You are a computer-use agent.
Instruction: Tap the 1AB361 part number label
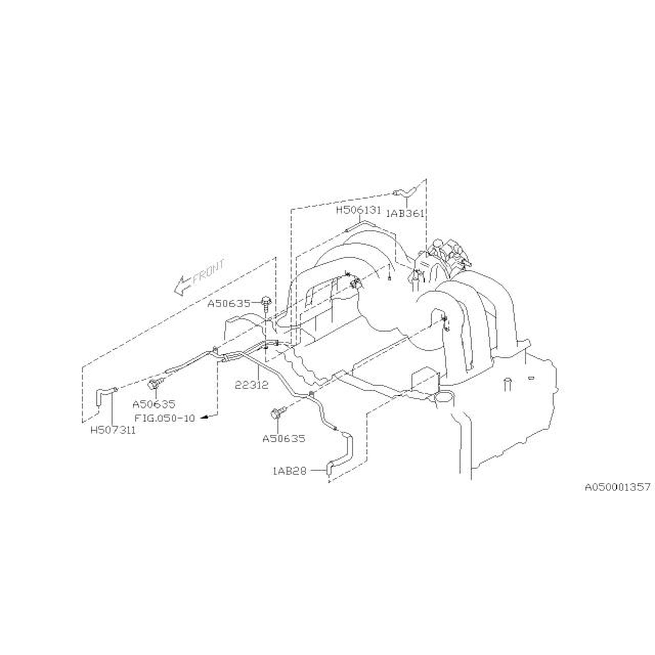(406, 214)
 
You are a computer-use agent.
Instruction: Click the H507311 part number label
(113, 430)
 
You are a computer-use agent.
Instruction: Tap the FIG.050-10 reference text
(165, 418)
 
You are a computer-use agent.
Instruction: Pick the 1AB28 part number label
(289, 471)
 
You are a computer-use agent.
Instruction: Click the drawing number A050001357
(617, 487)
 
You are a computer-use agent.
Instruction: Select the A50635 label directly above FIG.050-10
(154, 404)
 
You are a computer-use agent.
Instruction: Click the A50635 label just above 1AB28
(284, 439)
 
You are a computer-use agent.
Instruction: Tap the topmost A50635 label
(229, 304)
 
